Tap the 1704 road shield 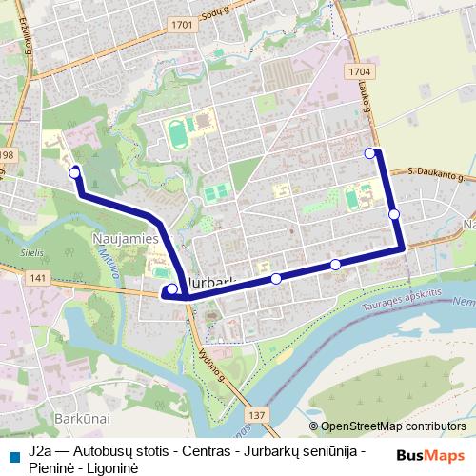[358, 70]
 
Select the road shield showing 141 [37, 277]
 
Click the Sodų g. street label [234, 11]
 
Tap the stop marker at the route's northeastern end [369, 152]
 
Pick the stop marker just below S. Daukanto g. [394, 214]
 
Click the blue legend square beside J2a [12, 451]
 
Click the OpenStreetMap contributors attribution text [393, 426]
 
